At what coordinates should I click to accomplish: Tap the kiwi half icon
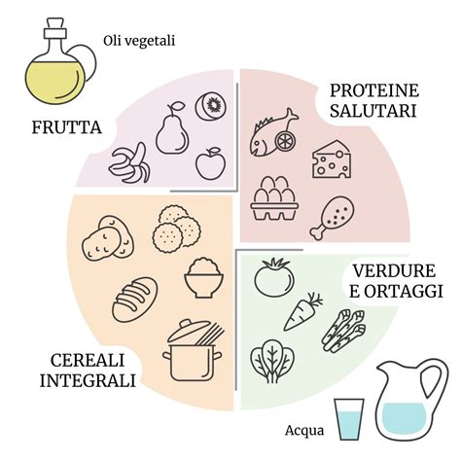coord(211,106)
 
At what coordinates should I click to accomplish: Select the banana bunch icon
coord(130,163)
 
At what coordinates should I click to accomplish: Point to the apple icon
coord(210,163)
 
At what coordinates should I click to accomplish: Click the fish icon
coord(272,134)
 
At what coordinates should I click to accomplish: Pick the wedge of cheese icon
coord(332,160)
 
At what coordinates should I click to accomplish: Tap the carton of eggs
coord(274,198)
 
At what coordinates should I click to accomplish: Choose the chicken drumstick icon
coord(332,218)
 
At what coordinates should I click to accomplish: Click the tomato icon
coord(274,277)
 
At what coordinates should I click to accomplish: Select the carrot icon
coord(301,312)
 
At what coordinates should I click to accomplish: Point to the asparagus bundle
coord(343,331)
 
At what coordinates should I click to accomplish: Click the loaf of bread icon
coord(134,300)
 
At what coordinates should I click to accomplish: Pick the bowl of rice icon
coord(203,278)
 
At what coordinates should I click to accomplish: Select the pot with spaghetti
coord(194,351)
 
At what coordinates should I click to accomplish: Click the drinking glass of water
coord(349,419)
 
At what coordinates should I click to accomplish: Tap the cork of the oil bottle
coord(54,28)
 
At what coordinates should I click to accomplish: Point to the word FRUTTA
coord(67,127)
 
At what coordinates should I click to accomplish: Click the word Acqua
coord(304,431)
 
